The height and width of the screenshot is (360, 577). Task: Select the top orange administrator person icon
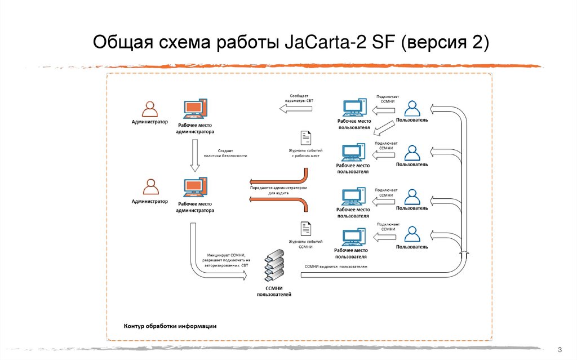[x=150, y=108]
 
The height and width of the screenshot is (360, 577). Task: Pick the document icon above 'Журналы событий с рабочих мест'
[x=305, y=139]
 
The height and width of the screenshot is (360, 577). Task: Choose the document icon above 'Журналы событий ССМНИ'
[x=305, y=229]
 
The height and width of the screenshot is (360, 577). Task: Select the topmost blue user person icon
[x=412, y=108]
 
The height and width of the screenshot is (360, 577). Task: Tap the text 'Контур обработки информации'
[x=170, y=326]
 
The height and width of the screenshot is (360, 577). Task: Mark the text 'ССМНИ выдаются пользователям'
[x=336, y=266]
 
